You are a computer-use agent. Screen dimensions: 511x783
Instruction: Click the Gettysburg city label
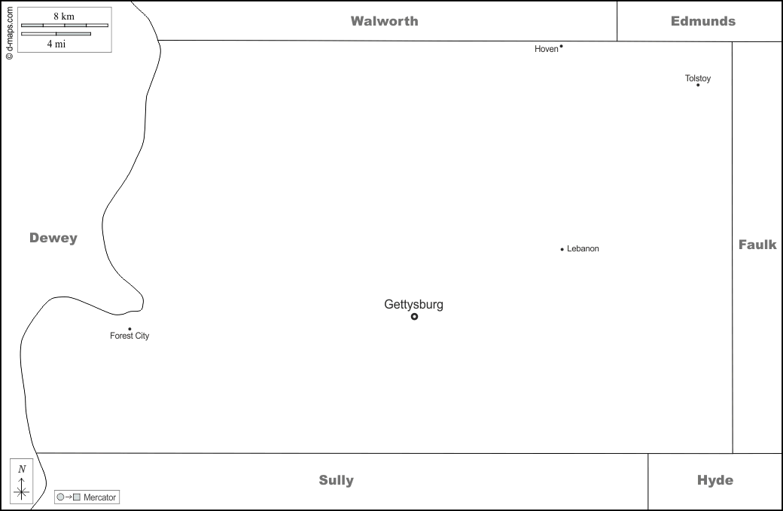[413, 305]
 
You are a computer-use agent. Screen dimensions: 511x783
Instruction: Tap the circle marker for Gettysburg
[414, 317]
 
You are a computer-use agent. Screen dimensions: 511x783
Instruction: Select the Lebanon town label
[583, 249]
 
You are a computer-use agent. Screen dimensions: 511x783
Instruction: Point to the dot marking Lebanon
[562, 249]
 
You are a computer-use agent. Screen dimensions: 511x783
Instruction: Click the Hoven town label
[546, 50]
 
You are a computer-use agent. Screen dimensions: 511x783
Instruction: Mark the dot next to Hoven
[561, 47]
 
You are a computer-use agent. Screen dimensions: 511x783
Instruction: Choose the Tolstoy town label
[698, 78]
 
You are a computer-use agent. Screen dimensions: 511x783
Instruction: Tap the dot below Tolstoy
[698, 85]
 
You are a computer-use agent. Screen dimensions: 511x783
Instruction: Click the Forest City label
[129, 336]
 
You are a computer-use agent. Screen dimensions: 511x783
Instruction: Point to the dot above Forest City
[129, 329]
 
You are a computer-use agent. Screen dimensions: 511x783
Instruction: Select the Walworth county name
[384, 21]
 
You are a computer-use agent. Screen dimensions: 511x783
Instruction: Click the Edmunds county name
[703, 21]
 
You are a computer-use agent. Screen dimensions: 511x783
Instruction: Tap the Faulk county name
[757, 245]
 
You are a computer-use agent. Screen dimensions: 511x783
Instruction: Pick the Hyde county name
[714, 480]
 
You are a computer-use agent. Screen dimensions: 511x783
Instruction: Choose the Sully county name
[336, 480]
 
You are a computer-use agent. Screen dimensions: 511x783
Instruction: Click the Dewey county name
[53, 238]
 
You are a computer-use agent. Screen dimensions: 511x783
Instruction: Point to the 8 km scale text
[64, 17]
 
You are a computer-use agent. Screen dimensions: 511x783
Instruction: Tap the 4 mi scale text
[56, 44]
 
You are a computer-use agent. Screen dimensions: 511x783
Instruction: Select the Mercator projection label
[99, 497]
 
